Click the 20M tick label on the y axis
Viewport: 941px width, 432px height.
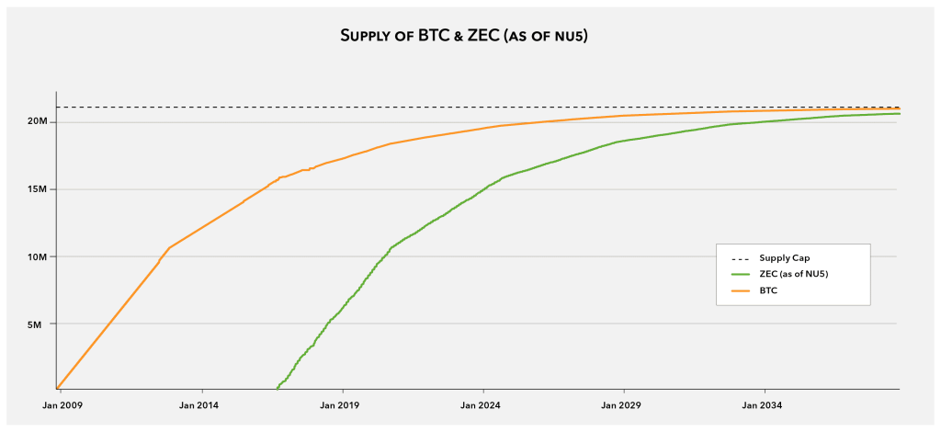click(38, 122)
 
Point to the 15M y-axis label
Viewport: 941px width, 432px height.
click(38, 189)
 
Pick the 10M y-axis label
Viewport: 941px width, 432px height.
click(38, 257)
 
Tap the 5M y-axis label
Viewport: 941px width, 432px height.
click(41, 324)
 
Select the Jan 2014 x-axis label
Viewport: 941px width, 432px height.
click(198, 404)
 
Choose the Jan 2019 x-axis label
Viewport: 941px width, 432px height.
click(342, 404)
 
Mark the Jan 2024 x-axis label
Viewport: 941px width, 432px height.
click(481, 404)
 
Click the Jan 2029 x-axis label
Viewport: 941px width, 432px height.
click(622, 404)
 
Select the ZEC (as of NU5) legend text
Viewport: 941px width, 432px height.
click(799, 274)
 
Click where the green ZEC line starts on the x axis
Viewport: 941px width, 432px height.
click(278, 388)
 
